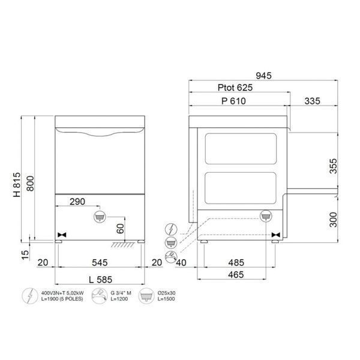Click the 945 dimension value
263,76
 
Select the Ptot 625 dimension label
235,88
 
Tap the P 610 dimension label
233,101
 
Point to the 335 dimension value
312,101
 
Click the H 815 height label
17,185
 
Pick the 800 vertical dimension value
30,184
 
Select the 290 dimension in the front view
77,202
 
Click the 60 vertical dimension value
120,229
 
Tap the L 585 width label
101,280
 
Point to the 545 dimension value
100,262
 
